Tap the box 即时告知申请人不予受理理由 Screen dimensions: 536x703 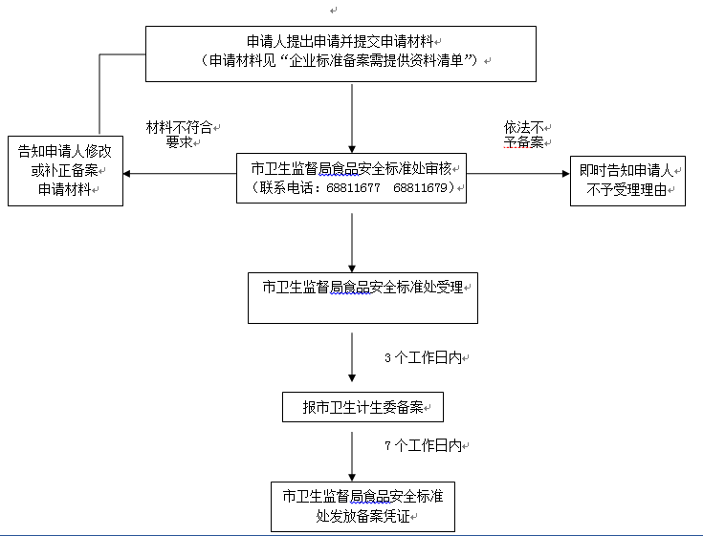(x=627, y=180)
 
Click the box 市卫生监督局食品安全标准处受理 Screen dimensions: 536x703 (x=362, y=297)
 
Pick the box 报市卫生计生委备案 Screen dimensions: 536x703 (x=363, y=408)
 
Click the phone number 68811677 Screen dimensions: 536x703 (x=353, y=188)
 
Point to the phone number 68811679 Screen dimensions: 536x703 (x=421, y=188)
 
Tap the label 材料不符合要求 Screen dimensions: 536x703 (x=180, y=135)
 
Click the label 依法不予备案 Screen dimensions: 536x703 (x=524, y=135)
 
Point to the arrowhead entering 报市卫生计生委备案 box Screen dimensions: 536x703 (x=353, y=386)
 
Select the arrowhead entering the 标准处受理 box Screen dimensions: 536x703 (x=353, y=267)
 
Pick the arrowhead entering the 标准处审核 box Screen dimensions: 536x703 (x=353, y=147)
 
